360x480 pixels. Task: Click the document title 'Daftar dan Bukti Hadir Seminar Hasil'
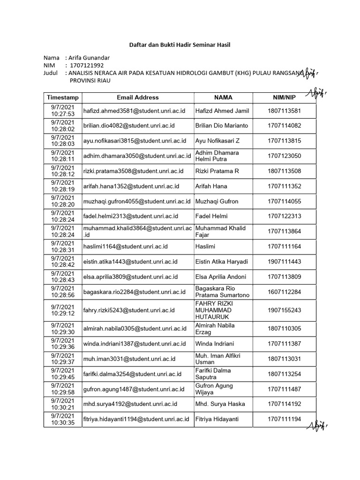[180, 45]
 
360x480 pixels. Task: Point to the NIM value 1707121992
[86, 66]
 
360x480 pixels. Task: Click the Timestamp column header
[63, 97]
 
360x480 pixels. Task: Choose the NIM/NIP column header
[284, 97]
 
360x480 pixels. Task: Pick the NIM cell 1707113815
[284, 141]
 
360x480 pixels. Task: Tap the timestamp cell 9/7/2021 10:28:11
[63, 156]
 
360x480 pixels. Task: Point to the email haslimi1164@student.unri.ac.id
[126, 247]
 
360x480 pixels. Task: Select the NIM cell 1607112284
[284, 292]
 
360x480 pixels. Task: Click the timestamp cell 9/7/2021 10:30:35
[63, 419]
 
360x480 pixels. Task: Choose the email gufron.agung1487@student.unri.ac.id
[133, 389]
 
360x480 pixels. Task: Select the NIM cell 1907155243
[284, 310]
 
